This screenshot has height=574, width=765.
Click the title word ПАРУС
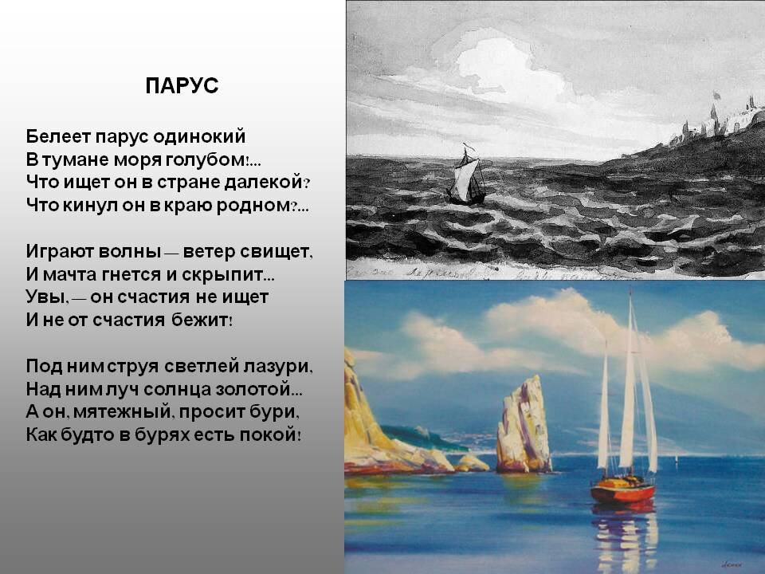pos(182,86)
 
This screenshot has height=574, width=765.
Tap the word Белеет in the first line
pos(58,136)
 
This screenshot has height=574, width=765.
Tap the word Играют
pos(60,251)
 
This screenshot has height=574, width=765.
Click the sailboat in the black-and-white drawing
pos(466,175)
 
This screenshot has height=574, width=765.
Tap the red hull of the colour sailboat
pos(622,490)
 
